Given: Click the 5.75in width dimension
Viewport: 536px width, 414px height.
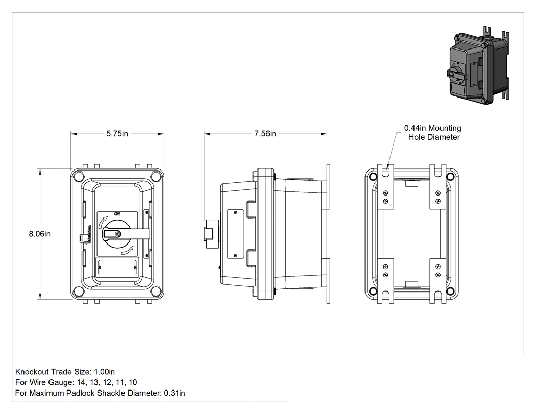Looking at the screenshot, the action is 117,134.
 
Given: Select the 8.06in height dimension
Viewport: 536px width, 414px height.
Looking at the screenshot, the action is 39,234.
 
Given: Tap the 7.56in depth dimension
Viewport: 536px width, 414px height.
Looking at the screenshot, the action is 265,134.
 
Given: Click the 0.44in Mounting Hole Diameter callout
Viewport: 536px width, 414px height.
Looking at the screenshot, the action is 432,132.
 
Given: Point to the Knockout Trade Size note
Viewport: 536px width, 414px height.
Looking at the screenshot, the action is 65,372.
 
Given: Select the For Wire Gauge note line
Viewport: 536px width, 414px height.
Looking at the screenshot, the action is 76,382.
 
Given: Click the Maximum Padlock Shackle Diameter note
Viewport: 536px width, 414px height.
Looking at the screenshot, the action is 100,393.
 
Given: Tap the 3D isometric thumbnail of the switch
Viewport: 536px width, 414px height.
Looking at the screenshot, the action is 479,65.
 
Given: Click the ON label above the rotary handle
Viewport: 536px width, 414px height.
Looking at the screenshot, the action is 117,214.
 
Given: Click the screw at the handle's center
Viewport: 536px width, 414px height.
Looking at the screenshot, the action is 118,234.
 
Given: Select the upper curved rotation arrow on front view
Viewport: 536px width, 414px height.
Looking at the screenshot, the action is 102,222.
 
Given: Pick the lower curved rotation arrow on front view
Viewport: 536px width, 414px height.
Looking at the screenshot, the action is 127,251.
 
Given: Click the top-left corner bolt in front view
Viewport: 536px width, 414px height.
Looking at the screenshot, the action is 78,176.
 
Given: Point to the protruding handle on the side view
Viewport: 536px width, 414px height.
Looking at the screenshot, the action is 211,234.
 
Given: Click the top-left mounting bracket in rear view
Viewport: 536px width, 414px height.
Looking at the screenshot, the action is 385,187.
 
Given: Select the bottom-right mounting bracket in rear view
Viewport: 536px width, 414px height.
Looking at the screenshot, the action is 438,281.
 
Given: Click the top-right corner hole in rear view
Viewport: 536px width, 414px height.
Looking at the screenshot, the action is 451,177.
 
